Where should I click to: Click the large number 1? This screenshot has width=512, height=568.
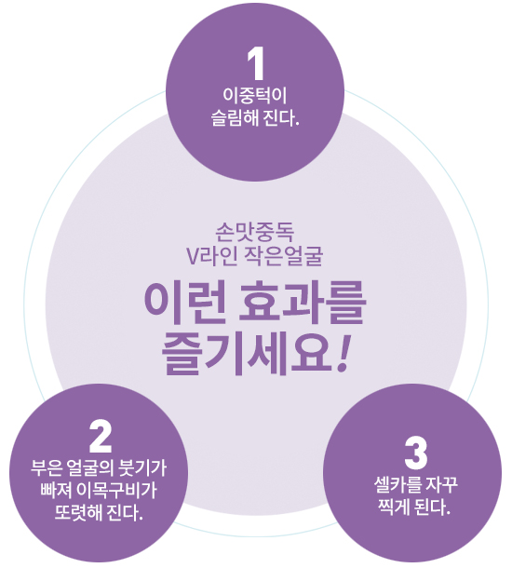(x=256, y=64)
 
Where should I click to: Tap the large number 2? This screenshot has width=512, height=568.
(x=101, y=436)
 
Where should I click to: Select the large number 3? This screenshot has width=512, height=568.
(x=416, y=453)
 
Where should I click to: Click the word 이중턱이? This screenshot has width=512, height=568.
(x=255, y=96)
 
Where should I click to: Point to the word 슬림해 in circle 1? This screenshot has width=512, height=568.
(x=235, y=117)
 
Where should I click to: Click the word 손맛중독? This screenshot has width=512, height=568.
(x=254, y=232)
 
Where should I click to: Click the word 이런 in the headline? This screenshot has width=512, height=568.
(x=183, y=304)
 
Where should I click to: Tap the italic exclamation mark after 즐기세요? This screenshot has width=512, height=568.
(x=343, y=353)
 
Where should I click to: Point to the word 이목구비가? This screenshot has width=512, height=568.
(x=116, y=490)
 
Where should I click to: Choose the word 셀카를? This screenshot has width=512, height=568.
(x=397, y=485)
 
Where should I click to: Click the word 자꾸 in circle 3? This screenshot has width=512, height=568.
(x=442, y=485)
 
